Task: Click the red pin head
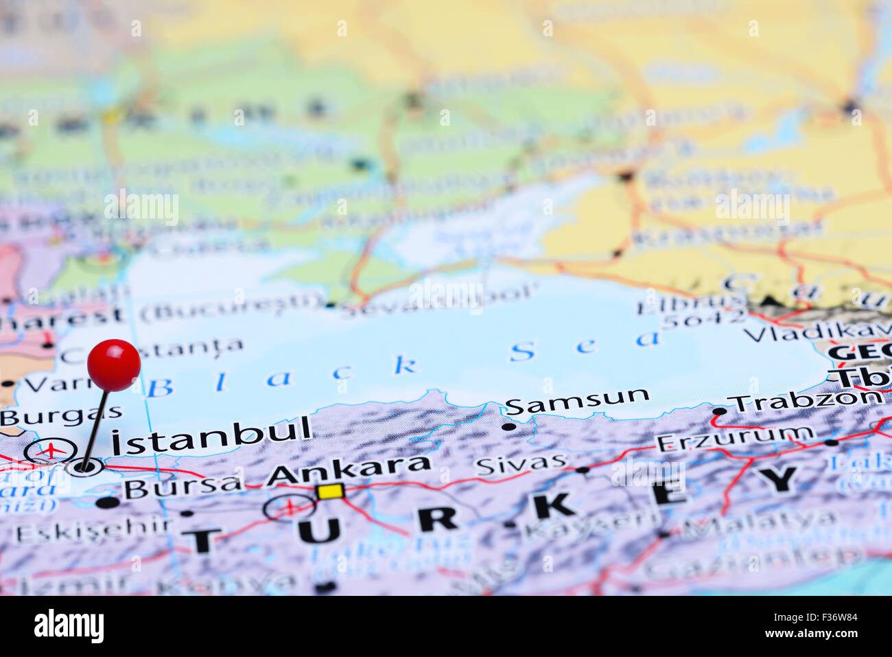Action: pos(114,365)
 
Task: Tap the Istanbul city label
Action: pos(211,435)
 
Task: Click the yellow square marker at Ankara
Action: pos(330,492)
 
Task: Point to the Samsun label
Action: pos(577,402)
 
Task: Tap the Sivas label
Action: pos(521,465)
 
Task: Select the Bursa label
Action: pos(183,487)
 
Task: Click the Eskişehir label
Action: pos(93,531)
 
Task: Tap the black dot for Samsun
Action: pos(508,426)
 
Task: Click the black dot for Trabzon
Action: pos(719,412)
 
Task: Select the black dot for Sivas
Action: pos(583,470)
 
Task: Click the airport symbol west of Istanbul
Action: pos(51,450)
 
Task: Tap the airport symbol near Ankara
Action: pos(290,507)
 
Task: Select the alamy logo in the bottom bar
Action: pos(69,627)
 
